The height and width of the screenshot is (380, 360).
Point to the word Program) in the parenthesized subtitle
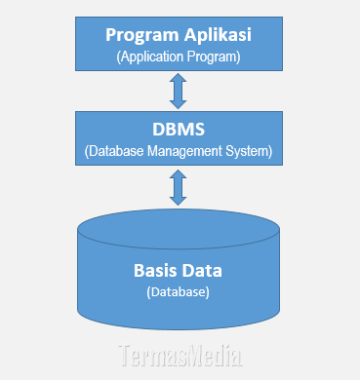(215, 57)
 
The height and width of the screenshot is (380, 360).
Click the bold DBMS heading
(177, 130)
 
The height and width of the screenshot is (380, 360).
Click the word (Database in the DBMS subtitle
(111, 151)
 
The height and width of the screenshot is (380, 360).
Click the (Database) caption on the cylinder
(177, 291)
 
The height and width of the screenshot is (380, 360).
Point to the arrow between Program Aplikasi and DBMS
(177, 91)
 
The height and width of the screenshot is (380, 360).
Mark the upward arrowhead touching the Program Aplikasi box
(177, 78)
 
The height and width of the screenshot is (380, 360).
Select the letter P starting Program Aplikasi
(111, 35)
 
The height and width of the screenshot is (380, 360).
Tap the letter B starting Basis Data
(138, 270)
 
